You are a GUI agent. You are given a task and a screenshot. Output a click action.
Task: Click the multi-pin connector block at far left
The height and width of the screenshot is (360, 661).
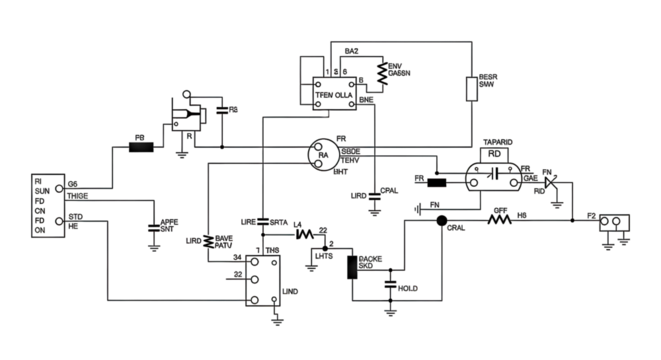point(44,206)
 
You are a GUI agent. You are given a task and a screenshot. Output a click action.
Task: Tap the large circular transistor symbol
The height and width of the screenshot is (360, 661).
point(324,152)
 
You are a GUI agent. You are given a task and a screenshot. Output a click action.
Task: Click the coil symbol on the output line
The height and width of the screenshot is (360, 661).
point(499,216)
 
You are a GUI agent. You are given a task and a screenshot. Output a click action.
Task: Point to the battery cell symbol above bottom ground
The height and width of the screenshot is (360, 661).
point(390,289)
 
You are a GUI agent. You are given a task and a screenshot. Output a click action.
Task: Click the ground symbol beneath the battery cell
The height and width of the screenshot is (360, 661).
point(390,312)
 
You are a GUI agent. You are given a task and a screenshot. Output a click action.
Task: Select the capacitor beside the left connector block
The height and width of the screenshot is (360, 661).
point(153,226)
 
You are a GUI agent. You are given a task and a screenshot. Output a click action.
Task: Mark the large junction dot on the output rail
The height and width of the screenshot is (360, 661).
point(441,222)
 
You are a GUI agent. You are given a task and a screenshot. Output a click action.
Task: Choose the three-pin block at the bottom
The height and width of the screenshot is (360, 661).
point(262,295)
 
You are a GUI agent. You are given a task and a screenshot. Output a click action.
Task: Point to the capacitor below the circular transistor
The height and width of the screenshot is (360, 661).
point(373,190)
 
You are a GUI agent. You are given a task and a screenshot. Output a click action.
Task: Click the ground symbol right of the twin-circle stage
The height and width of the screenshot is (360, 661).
point(553,200)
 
